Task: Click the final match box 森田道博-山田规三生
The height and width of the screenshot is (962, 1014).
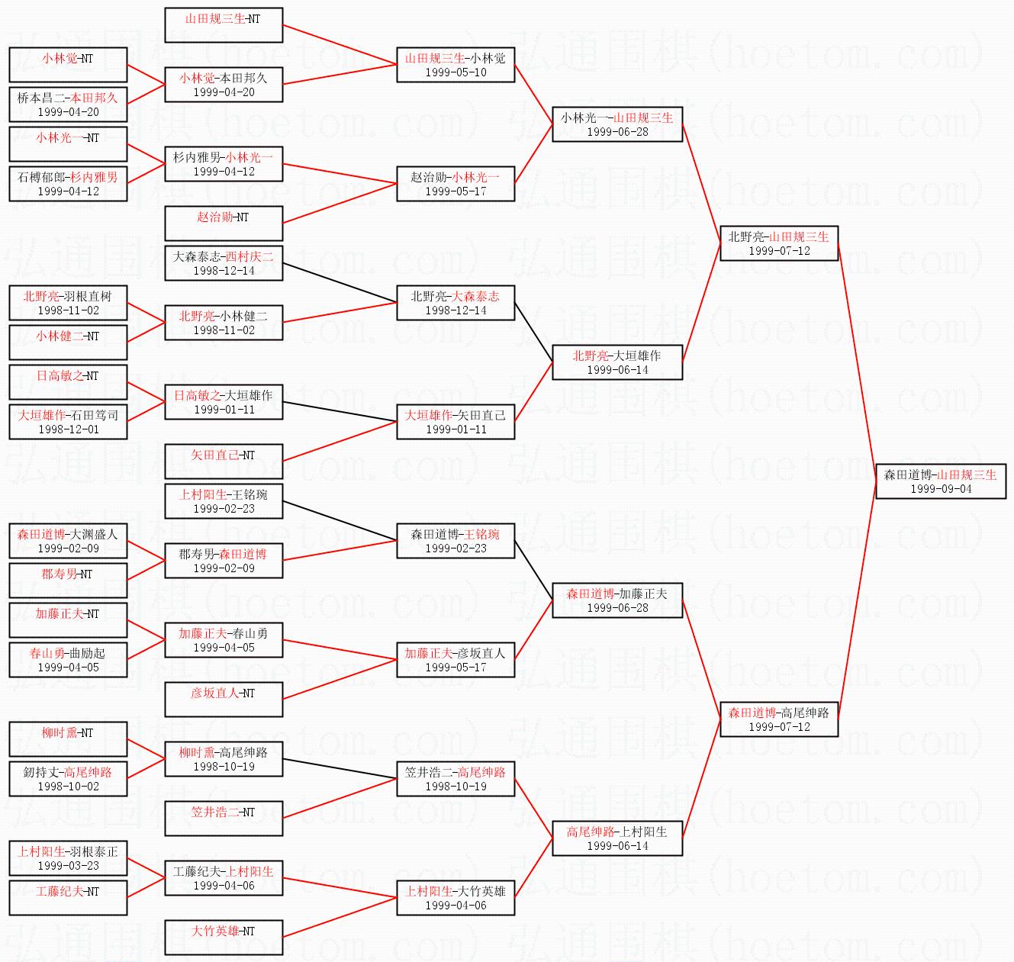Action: pyautogui.click(x=941, y=481)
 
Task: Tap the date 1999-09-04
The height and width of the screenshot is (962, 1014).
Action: pyautogui.click(x=941, y=489)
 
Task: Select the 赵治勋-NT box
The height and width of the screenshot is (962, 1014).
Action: pyautogui.click(x=224, y=224)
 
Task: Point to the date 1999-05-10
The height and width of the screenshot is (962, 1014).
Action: pyautogui.click(x=455, y=72)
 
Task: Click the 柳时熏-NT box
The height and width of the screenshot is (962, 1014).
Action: pyautogui.click(x=68, y=739)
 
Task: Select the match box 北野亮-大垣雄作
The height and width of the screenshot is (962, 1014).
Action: pyautogui.click(x=617, y=362)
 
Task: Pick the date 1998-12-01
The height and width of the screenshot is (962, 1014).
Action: pyautogui.click(x=68, y=430)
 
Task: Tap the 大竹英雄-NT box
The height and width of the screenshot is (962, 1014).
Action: pyautogui.click(x=224, y=938)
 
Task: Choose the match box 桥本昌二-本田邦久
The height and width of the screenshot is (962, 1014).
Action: pyautogui.click(x=68, y=105)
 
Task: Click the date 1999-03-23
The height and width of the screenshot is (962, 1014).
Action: pyautogui.click(x=68, y=866)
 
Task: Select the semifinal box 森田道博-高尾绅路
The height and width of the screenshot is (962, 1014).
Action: pyautogui.click(x=779, y=719)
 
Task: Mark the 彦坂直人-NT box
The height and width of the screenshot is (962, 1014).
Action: pyautogui.click(x=224, y=700)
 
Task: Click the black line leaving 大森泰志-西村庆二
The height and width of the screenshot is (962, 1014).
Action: pyautogui.click(x=340, y=283)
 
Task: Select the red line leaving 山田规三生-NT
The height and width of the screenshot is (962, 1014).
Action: pyautogui.click(x=340, y=45)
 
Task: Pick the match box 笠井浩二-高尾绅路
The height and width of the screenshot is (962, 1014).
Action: pyautogui.click(x=455, y=779)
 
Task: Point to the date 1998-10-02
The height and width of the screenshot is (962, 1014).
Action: pyautogui.click(x=68, y=787)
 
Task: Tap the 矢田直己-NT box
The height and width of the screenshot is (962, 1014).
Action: pyautogui.click(x=224, y=461)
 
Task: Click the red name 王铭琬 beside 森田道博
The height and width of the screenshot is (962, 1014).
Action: pyautogui.click(x=481, y=534)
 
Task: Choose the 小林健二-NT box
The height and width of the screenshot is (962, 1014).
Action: pyautogui.click(x=68, y=343)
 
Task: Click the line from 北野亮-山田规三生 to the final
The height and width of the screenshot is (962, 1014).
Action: pyautogui.click(x=857, y=362)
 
